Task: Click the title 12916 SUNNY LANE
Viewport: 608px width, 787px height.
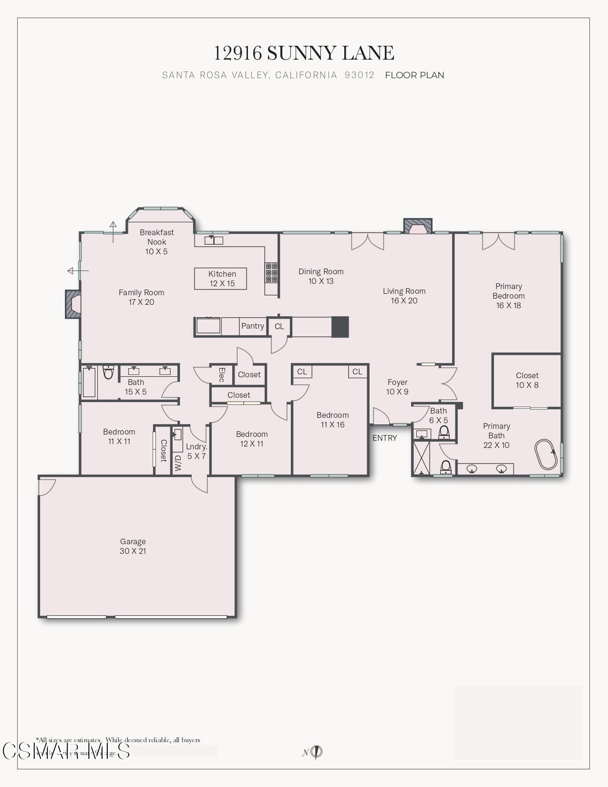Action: [x=304, y=53]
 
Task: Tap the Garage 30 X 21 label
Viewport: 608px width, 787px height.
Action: [x=133, y=546]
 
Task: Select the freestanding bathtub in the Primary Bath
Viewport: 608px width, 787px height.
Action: [x=546, y=454]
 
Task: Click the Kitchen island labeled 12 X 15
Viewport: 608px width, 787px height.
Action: [x=221, y=279]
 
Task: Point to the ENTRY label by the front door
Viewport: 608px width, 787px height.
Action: [x=384, y=438]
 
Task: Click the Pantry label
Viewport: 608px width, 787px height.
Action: [x=252, y=326]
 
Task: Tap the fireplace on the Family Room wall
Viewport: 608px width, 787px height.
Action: [x=73, y=304]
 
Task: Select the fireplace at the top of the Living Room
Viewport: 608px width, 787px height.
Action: [x=418, y=227]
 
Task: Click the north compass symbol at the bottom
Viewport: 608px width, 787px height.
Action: [x=317, y=752]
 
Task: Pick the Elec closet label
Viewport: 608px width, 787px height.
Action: [x=222, y=374]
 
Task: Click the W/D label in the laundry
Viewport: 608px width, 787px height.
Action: [x=178, y=463]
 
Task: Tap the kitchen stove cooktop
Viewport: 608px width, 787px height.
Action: [x=272, y=272]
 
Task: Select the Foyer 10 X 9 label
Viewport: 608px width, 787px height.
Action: [x=397, y=387]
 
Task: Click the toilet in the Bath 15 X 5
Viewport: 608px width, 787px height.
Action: [x=108, y=372]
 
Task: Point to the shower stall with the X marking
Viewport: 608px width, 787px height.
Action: [x=422, y=458]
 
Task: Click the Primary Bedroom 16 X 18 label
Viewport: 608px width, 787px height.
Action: [x=508, y=296]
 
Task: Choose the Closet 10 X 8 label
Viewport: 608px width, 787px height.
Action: [x=527, y=380]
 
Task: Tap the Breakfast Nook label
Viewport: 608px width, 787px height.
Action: [x=156, y=242]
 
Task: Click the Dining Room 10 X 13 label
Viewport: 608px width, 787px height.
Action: [x=321, y=276]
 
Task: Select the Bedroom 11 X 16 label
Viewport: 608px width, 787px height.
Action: [x=332, y=420]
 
